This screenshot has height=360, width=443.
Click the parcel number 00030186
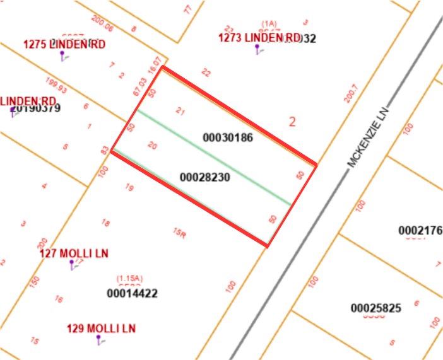pos(228,137)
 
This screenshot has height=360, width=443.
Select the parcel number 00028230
pos(204,177)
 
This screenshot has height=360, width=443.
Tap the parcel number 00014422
pos(132,293)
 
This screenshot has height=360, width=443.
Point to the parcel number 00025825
pos(376,308)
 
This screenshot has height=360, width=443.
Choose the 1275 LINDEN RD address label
pos(64,44)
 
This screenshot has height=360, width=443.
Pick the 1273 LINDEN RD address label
pos(259,38)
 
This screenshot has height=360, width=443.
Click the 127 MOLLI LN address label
pos(74,253)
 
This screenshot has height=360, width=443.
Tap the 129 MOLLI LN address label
pos(101,328)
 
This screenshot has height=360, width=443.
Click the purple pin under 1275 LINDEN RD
pos(62,55)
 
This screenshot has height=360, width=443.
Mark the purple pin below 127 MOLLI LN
pos(72,263)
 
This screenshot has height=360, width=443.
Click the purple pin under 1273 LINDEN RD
pos(257,49)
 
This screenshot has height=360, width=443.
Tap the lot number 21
pos(180,112)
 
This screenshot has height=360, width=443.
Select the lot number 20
pos(152,145)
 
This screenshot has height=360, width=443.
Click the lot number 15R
pos(179,233)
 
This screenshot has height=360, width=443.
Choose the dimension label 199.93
pos(57,83)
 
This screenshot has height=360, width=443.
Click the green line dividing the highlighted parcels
pos(215,158)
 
